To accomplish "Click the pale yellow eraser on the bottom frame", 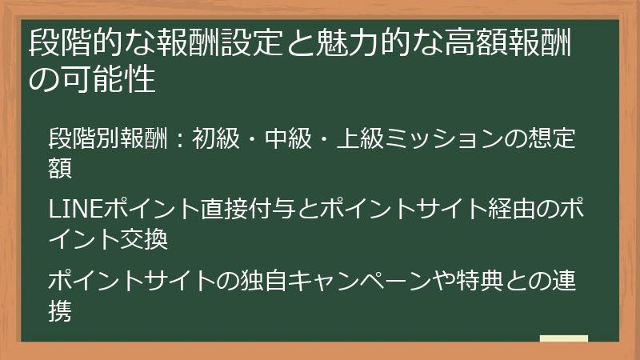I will (x=564, y=339).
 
